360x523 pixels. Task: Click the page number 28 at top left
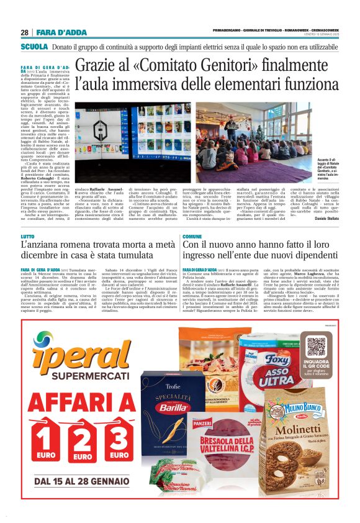24,32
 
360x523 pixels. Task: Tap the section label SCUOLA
35,47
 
